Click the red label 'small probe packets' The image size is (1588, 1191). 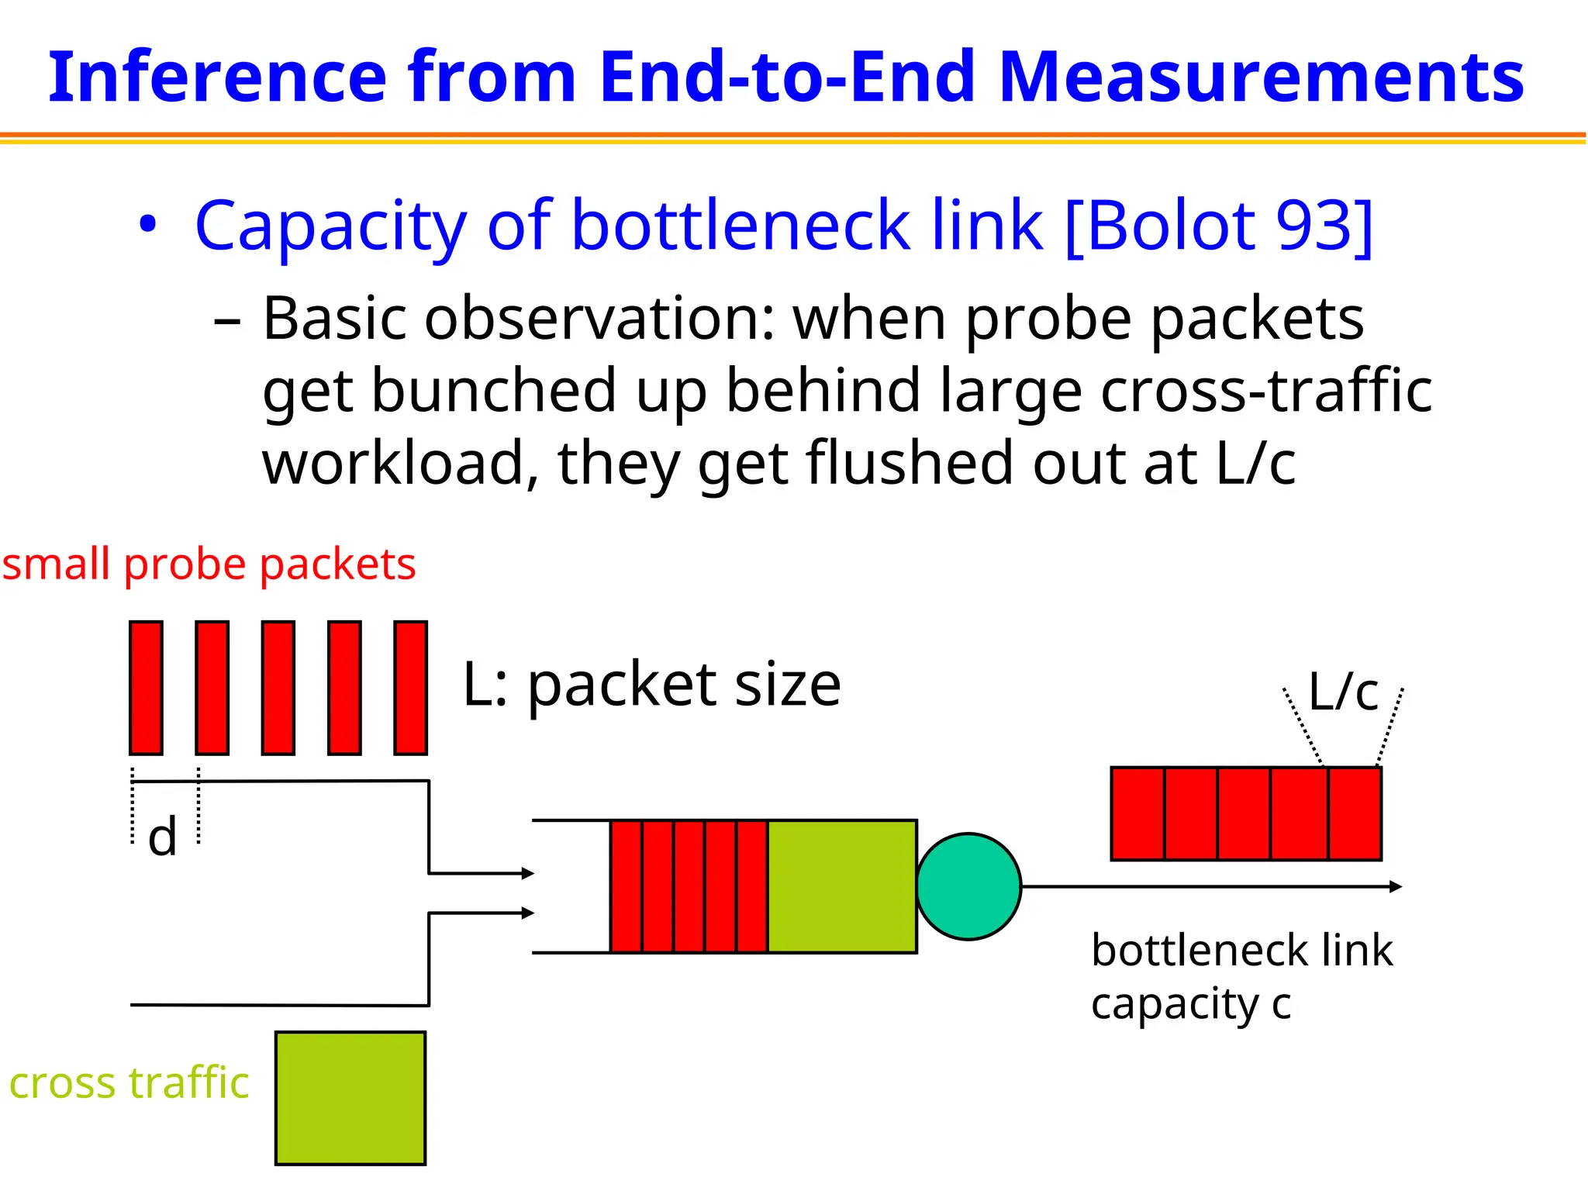pyautogui.click(x=209, y=564)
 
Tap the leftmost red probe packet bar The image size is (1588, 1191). pyautogui.click(x=146, y=687)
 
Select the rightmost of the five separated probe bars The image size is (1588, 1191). pyautogui.click(x=410, y=687)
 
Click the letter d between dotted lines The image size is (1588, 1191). pyautogui.click(x=163, y=837)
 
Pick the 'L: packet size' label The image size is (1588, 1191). pyautogui.click(x=651, y=685)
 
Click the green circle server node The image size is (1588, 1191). pyautogui.click(x=968, y=886)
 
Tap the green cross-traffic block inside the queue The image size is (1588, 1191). pyautogui.click(x=841, y=886)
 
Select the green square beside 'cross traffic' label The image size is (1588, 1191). pyautogui.click(x=350, y=1098)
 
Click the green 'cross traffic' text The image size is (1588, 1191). pyautogui.click(x=129, y=1082)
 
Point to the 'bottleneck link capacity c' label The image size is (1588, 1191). pyautogui.click(x=1241, y=976)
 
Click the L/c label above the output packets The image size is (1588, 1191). pyautogui.click(x=1343, y=692)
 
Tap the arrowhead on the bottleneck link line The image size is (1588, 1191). pyautogui.click(x=1395, y=886)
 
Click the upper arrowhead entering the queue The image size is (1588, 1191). pyautogui.click(x=528, y=873)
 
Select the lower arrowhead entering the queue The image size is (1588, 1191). pyautogui.click(x=528, y=913)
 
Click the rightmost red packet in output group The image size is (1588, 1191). pyautogui.click(x=1355, y=813)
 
